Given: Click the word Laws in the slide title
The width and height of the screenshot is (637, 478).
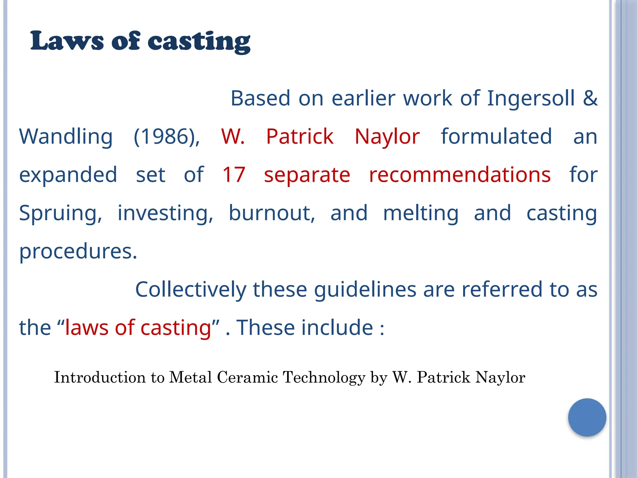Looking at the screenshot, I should coord(67,41).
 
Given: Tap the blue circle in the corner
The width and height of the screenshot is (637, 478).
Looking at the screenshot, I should coord(587,417).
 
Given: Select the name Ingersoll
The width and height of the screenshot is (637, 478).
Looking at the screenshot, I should coord(531,98).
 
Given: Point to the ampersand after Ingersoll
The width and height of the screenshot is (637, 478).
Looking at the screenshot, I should coord(590,98).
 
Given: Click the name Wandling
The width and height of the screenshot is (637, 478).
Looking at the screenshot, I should coord(66,137).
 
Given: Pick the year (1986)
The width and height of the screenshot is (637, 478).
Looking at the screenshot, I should coord(167,137).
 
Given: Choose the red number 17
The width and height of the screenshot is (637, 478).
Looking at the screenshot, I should coord(234,175).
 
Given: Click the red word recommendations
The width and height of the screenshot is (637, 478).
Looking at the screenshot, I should coord(460,175).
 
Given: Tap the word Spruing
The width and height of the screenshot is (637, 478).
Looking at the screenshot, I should coord(60,214).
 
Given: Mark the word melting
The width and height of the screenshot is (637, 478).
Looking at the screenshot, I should coord(421,214).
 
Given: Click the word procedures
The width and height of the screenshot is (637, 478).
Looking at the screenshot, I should coord(78,251).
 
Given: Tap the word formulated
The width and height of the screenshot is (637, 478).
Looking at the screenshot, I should coord(496,137).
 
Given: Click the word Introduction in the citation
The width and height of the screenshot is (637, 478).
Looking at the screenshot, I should coord(100,377).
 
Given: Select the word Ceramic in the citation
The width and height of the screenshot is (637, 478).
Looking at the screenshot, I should coord(247,377).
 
